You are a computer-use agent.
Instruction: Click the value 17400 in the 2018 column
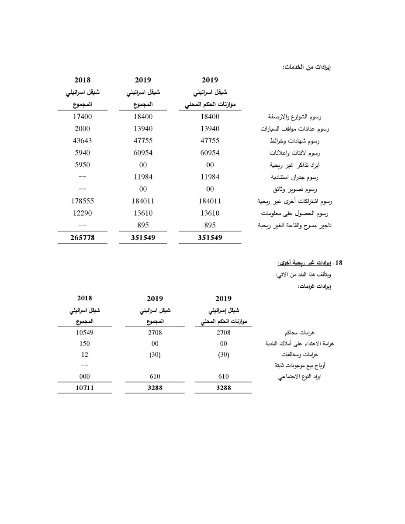(x=82, y=117)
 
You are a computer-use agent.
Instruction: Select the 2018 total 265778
(x=82, y=238)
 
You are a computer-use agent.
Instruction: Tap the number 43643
(x=82, y=141)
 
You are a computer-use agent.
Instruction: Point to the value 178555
(x=82, y=201)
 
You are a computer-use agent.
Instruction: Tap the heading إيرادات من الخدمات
(x=306, y=67)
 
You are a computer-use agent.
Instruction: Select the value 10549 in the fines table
(x=85, y=332)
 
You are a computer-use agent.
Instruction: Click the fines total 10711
(x=85, y=387)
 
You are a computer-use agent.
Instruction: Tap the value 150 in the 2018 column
(x=85, y=343)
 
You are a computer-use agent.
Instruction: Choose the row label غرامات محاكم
(x=314, y=332)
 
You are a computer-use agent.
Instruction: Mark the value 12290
(x=82, y=213)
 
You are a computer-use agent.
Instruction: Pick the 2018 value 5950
(x=82, y=165)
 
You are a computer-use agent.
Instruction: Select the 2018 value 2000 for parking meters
(x=82, y=128)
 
